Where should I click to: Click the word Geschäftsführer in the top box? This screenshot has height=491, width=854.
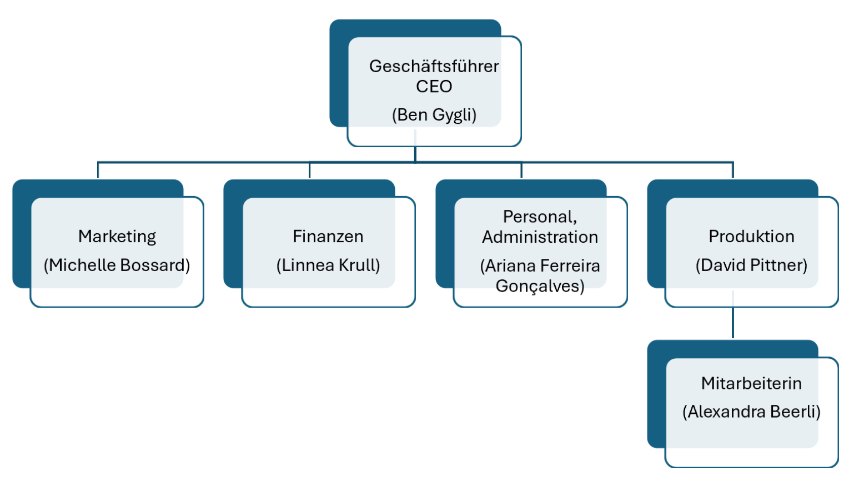point(434,66)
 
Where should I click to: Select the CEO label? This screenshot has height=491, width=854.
point(434,87)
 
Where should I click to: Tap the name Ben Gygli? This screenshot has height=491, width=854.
point(434,115)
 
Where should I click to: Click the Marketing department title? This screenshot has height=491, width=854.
point(117,237)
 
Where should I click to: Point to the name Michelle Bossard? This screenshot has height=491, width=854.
point(117,265)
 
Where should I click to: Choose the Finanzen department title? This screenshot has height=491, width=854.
point(328,237)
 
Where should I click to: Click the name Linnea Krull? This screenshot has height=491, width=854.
point(328,265)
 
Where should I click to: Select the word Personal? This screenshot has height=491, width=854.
point(539,217)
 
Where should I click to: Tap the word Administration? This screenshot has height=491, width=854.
point(540,237)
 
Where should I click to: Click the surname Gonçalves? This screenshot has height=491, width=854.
point(540,286)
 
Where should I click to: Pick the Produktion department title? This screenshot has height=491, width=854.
point(751,237)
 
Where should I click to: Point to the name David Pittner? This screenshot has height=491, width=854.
point(751,265)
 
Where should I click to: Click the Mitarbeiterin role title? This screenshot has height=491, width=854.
point(751,383)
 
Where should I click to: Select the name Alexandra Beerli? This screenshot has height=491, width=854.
point(751,412)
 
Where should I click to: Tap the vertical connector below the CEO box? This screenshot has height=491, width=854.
point(415,154)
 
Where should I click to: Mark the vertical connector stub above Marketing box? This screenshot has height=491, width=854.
point(98,170)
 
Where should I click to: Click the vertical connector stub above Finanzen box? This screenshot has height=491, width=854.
point(309,170)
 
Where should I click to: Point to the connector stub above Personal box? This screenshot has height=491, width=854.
point(521,170)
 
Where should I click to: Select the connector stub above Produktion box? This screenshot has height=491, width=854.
point(733,170)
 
